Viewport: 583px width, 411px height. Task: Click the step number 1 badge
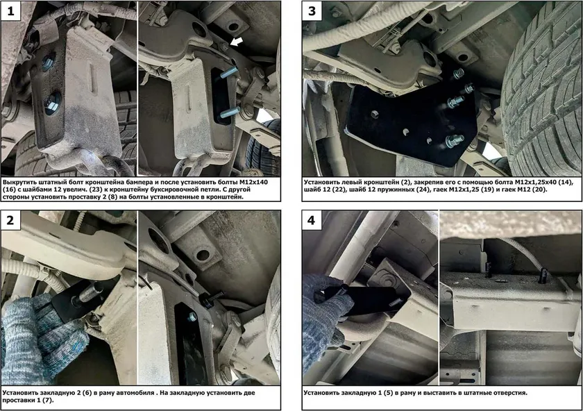pos(11,10)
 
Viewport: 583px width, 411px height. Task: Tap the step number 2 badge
pos(11,220)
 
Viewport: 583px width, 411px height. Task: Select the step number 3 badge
pos(312,10)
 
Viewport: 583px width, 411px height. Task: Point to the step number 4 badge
pos(312,220)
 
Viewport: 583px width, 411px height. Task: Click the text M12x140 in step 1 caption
pos(253,183)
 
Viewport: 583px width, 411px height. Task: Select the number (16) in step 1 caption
pos(9,190)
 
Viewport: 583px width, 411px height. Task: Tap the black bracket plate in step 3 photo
pos(409,119)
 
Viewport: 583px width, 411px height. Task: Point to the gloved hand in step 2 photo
pos(41,335)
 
